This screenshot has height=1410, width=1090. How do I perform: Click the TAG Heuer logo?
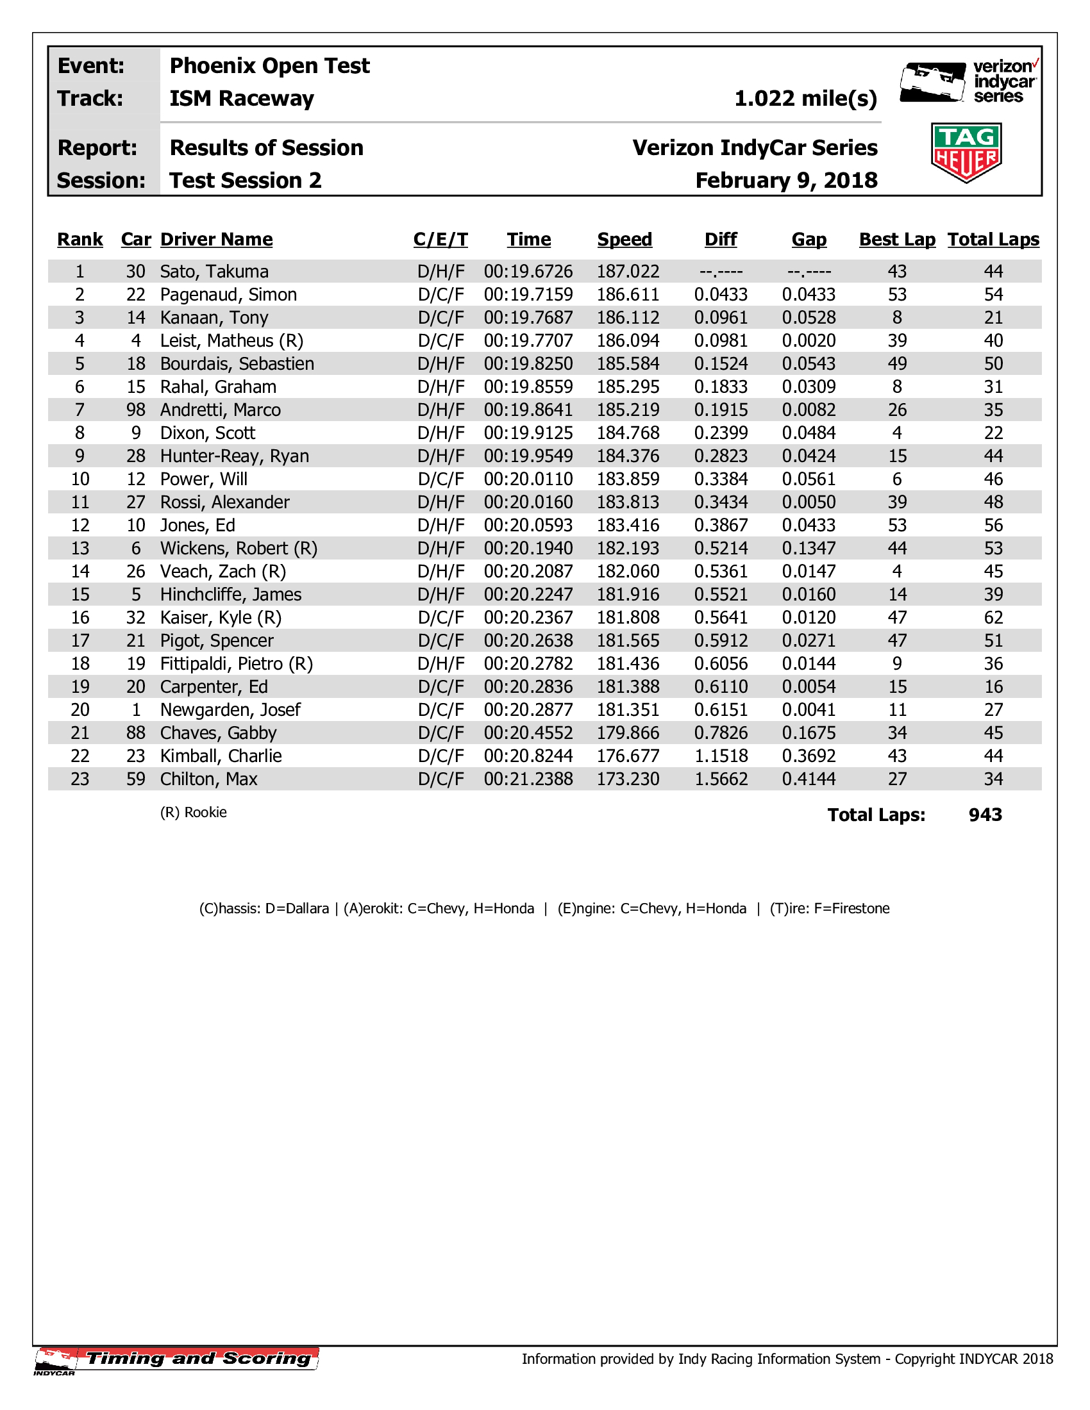(966, 153)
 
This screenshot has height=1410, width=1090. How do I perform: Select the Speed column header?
(625, 240)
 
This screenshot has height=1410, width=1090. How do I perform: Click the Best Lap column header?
(897, 240)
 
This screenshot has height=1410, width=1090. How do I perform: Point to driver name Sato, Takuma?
(214, 272)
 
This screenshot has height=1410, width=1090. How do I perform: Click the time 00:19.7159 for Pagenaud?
(528, 295)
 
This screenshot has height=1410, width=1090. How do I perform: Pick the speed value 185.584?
(628, 364)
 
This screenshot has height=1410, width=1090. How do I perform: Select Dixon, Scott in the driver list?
(207, 433)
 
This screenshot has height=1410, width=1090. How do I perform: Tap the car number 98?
(135, 410)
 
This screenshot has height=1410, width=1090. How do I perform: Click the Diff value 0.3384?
(721, 479)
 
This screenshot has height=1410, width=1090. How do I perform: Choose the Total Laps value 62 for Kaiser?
(993, 618)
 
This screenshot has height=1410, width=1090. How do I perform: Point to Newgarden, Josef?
(230, 710)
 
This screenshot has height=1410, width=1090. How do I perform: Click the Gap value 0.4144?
(809, 779)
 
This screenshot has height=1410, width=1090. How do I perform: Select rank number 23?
(80, 779)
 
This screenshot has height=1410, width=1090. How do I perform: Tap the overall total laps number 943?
(985, 815)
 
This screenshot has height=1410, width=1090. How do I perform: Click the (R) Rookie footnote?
(193, 812)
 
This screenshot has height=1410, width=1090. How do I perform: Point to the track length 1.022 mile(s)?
(806, 99)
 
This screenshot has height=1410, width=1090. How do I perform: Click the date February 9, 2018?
(786, 181)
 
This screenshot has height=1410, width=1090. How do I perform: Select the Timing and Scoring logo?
(177, 1359)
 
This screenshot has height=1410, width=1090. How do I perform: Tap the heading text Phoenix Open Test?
(269, 66)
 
